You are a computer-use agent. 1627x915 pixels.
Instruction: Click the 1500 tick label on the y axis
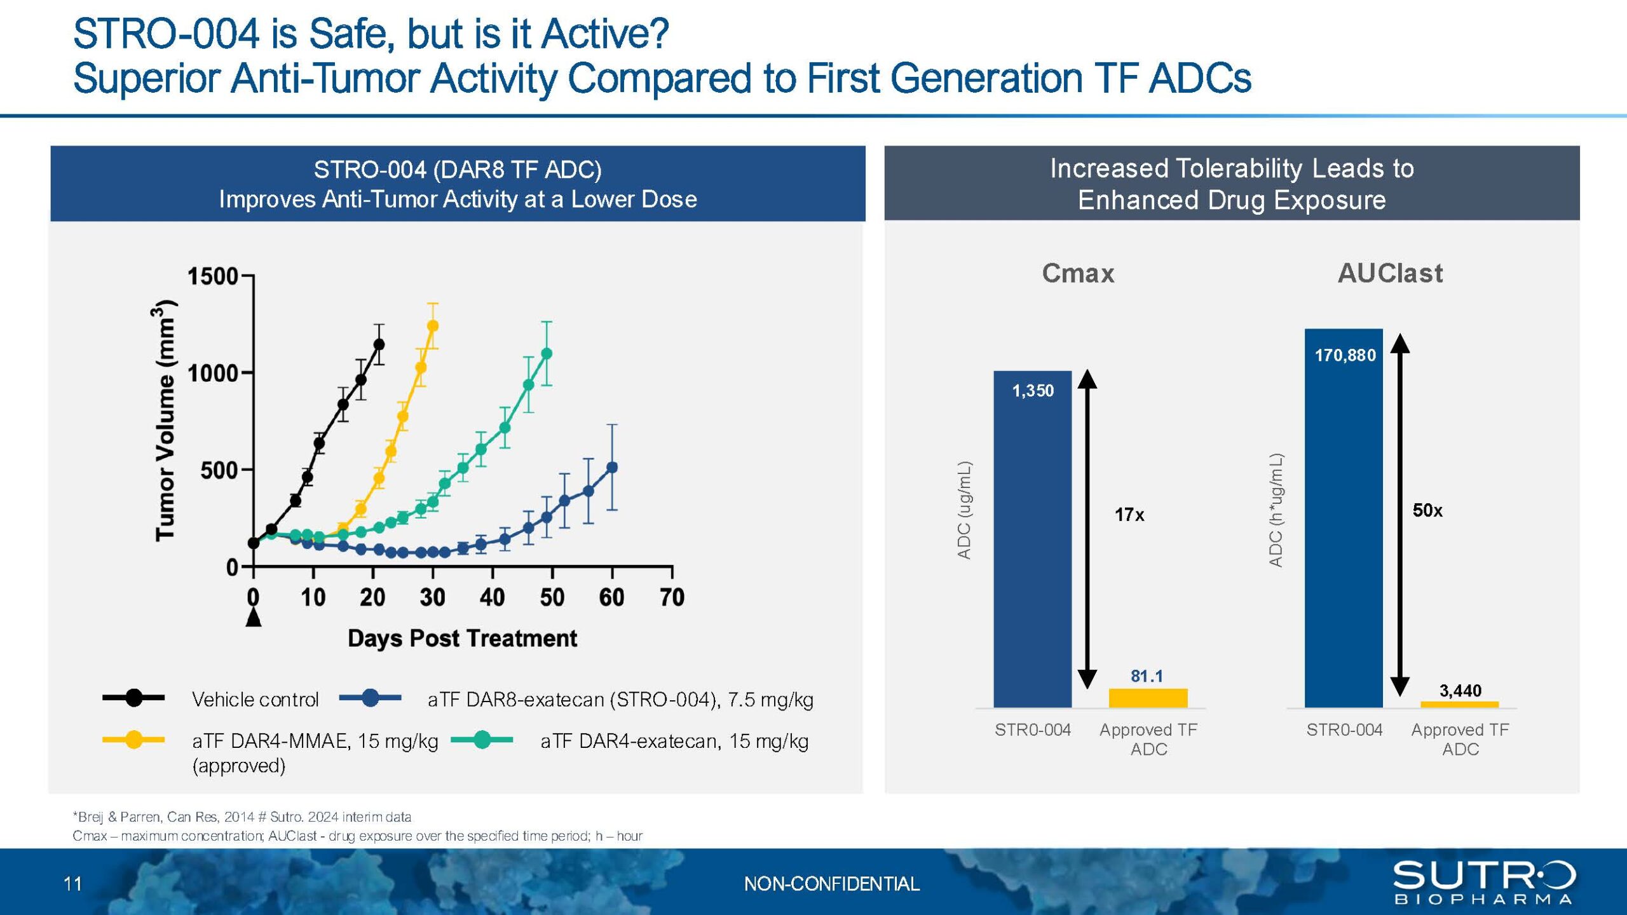pyautogui.click(x=212, y=276)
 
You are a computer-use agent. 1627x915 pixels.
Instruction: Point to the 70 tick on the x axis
pyautogui.click(x=672, y=597)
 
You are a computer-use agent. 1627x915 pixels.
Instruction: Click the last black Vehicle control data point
pyautogui.click(x=379, y=344)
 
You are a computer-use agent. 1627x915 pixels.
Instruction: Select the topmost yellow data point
pyautogui.click(x=433, y=326)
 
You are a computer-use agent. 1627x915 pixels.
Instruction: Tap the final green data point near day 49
pyautogui.click(x=547, y=353)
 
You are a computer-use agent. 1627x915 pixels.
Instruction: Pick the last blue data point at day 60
pyautogui.click(x=612, y=468)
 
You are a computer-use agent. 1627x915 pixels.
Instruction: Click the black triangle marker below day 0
pyautogui.click(x=254, y=616)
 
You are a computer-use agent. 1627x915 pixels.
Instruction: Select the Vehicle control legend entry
pyautogui.click(x=210, y=698)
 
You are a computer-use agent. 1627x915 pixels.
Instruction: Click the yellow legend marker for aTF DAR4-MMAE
pyautogui.click(x=133, y=740)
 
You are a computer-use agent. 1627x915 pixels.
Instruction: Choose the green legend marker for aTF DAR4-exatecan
pyautogui.click(x=482, y=740)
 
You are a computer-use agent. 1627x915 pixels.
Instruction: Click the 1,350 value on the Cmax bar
pyautogui.click(x=1033, y=391)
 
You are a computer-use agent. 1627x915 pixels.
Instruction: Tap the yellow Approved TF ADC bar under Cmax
pyautogui.click(x=1148, y=698)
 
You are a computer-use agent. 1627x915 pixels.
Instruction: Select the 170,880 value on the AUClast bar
pyautogui.click(x=1345, y=355)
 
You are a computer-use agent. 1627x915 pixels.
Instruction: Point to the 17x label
pyautogui.click(x=1129, y=515)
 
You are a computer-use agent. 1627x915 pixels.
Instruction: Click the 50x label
pyautogui.click(x=1427, y=510)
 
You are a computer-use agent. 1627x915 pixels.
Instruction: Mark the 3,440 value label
pyautogui.click(x=1460, y=691)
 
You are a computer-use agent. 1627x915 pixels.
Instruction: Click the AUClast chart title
pyautogui.click(x=1390, y=273)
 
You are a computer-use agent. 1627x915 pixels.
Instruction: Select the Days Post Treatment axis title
pyautogui.click(x=462, y=638)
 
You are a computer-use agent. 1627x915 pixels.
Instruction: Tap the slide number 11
pyautogui.click(x=72, y=883)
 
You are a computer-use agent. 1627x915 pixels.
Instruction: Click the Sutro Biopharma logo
pyautogui.click(x=1484, y=882)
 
